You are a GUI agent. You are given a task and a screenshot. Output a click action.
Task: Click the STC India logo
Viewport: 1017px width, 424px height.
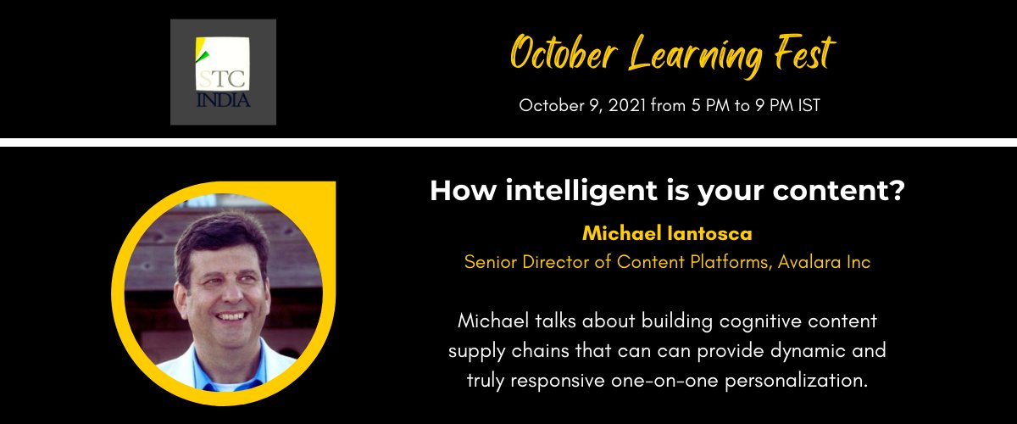223,72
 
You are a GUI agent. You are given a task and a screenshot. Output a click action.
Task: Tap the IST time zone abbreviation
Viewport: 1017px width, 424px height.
805,106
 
